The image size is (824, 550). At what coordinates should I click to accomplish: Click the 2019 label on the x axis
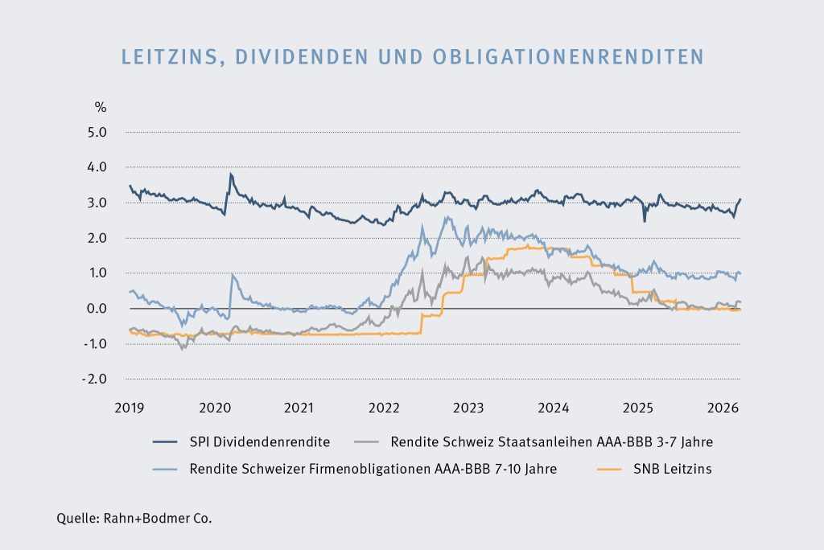tap(130, 408)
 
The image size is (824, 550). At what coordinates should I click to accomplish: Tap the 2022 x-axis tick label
tap(383, 408)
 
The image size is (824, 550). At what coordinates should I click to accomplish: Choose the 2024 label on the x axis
tap(553, 408)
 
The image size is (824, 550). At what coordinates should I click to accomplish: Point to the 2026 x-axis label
tap(722, 408)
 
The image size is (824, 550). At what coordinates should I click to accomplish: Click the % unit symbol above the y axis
tap(101, 107)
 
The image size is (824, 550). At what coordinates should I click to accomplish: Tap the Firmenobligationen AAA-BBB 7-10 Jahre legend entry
tap(370, 469)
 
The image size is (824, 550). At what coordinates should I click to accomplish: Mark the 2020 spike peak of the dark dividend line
tap(231, 174)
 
